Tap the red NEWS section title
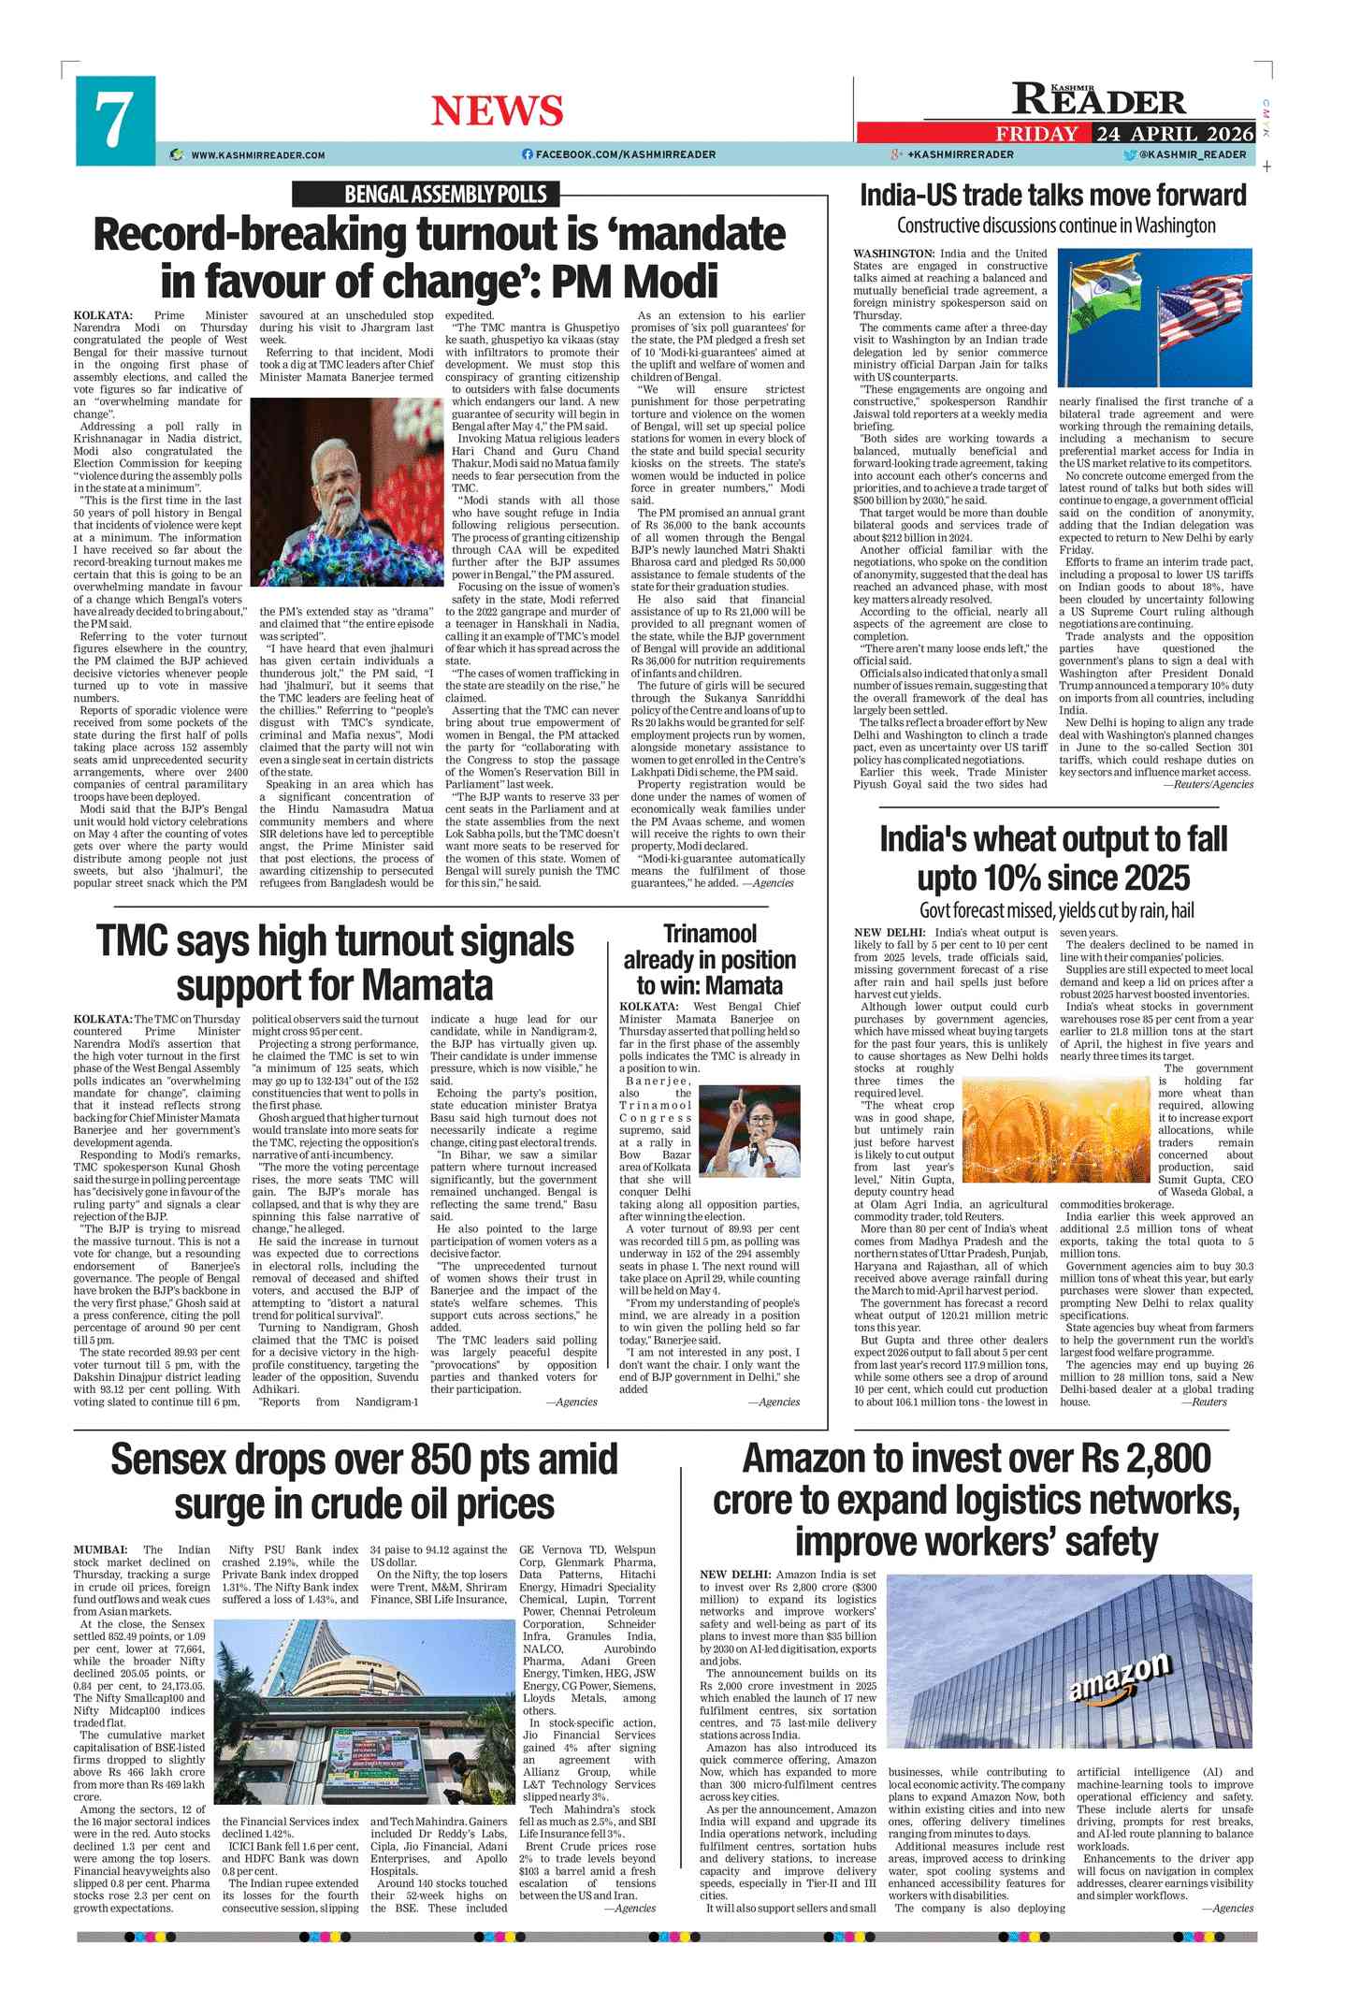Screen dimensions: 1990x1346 pos(497,111)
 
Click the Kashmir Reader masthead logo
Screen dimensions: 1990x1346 pos(1099,99)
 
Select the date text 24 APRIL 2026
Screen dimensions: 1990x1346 pos(1175,133)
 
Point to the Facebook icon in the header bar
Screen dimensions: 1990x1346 pos(527,154)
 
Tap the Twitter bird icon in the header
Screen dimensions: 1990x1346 pos(1130,154)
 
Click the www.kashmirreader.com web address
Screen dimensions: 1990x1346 pos(257,155)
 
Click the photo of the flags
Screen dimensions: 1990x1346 pos(1154,318)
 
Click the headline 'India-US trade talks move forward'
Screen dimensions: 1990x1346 pos(1052,196)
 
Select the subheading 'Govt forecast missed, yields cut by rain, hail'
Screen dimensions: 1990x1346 pos(1056,910)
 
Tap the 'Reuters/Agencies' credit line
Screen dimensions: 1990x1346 pos(1207,785)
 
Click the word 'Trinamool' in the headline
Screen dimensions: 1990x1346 pos(710,934)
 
